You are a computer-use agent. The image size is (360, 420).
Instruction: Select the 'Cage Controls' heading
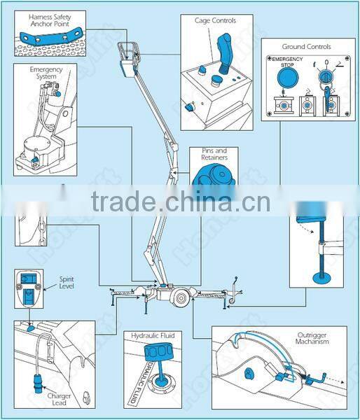215,21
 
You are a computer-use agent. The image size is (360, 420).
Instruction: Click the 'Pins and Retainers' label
213,154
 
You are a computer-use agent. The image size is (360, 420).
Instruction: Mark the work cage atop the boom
128,61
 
